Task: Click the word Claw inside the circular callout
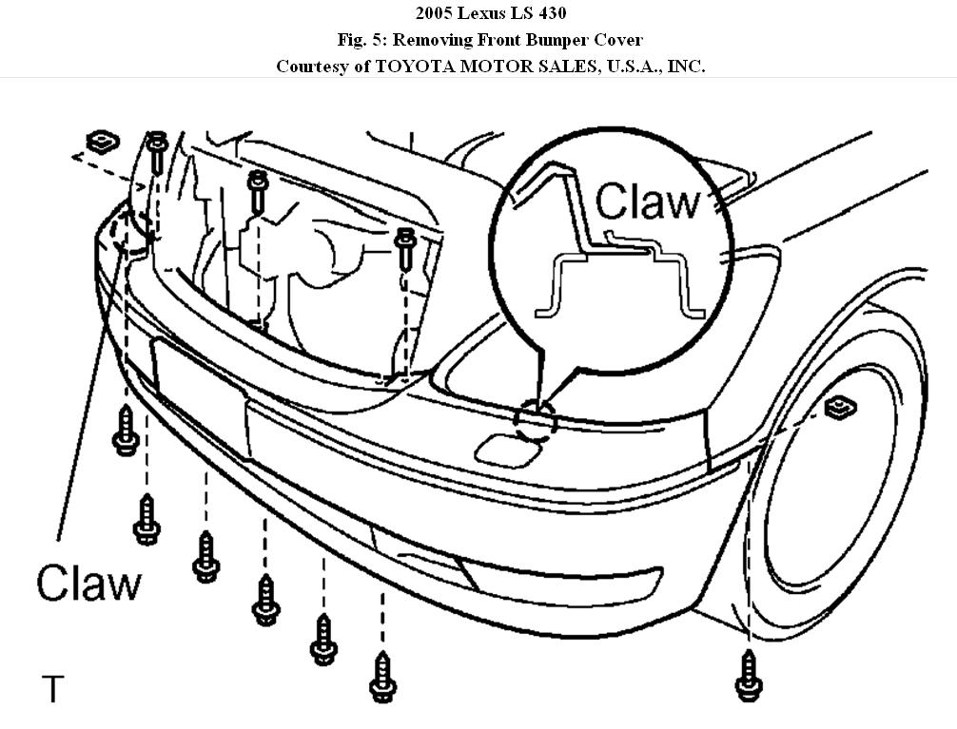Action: click(x=647, y=201)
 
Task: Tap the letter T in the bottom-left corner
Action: click(x=53, y=688)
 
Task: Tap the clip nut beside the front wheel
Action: click(x=838, y=409)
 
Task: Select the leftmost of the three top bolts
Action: click(x=158, y=152)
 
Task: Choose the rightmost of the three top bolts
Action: click(x=403, y=243)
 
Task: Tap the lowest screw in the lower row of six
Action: click(x=382, y=677)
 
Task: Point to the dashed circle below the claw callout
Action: click(x=535, y=419)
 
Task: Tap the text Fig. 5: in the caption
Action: click(x=359, y=39)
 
